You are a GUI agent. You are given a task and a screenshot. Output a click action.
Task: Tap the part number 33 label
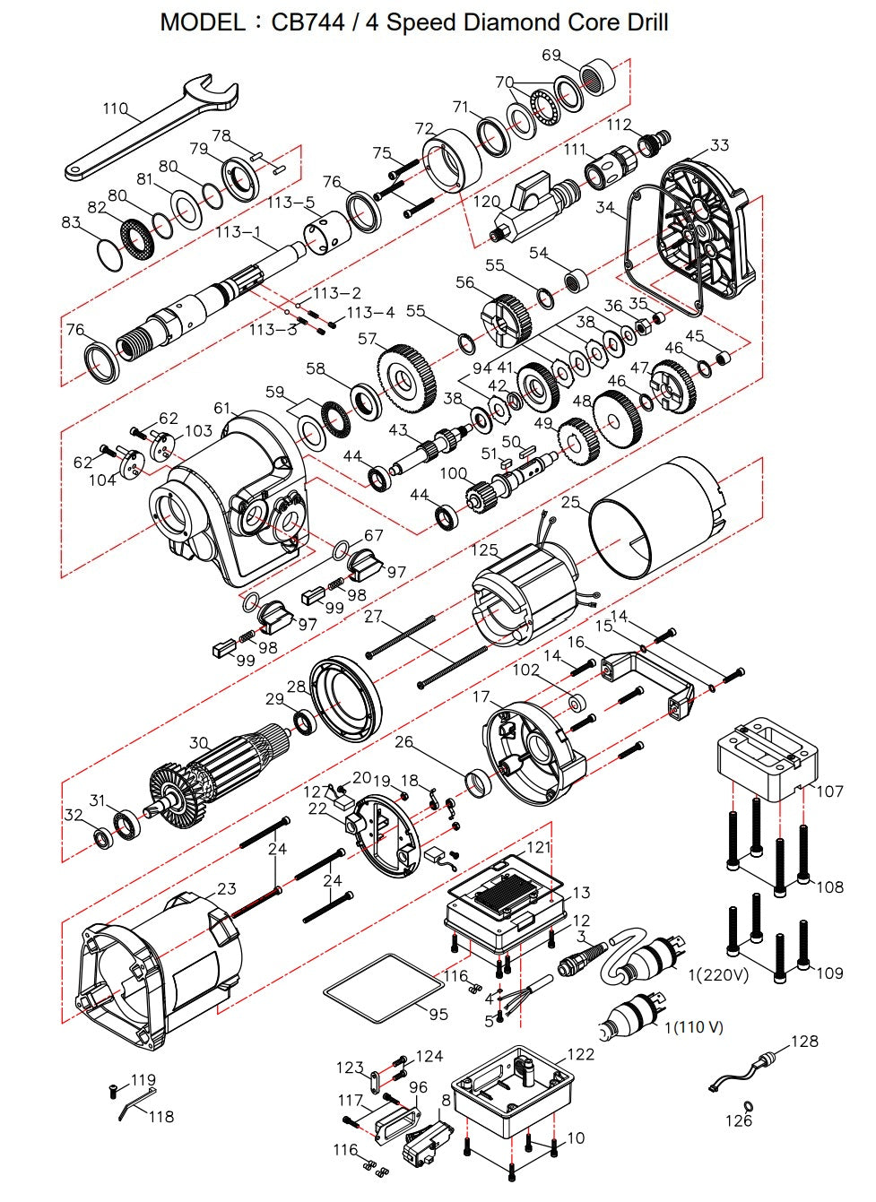pyautogui.click(x=719, y=145)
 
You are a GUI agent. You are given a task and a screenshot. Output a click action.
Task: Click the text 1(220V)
pyautogui.click(x=718, y=974)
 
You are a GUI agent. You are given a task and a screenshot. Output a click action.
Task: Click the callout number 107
pyautogui.click(x=829, y=791)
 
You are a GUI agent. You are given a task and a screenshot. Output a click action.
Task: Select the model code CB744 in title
pyautogui.click(x=308, y=22)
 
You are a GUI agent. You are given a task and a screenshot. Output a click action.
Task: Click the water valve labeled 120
pyautogui.click(x=529, y=203)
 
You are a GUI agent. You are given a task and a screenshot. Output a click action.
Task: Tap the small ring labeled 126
pyautogui.click(x=748, y=1106)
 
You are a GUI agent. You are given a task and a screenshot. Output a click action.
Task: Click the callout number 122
pyautogui.click(x=580, y=1054)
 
